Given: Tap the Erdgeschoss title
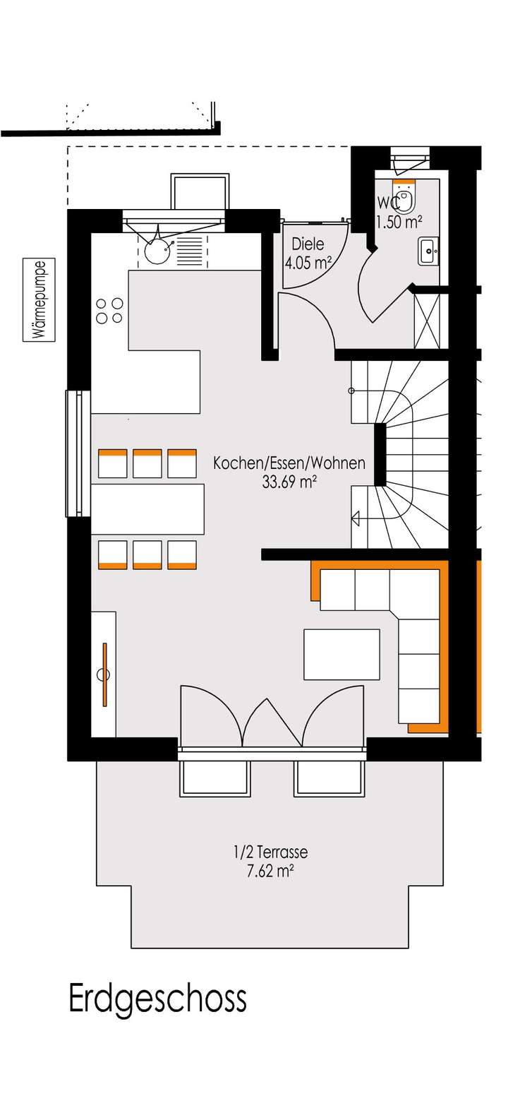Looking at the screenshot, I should tap(157, 999).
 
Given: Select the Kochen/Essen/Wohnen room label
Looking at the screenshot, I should tap(289, 463).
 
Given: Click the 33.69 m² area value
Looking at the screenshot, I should tap(289, 482).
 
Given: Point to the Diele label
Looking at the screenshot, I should tap(308, 244).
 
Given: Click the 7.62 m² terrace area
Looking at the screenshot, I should tap(270, 871).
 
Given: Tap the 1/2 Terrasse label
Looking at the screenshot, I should tap(270, 852).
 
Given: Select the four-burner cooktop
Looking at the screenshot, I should tap(109, 311).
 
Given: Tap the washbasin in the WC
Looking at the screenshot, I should tap(428, 251).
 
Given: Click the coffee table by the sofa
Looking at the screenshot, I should tap(341, 654).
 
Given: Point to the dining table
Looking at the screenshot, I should tap(147, 508).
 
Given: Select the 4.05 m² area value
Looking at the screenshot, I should tap(308, 264).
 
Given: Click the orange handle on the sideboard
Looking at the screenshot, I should tap(104, 674).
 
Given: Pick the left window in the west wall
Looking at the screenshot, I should tap(77, 452).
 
